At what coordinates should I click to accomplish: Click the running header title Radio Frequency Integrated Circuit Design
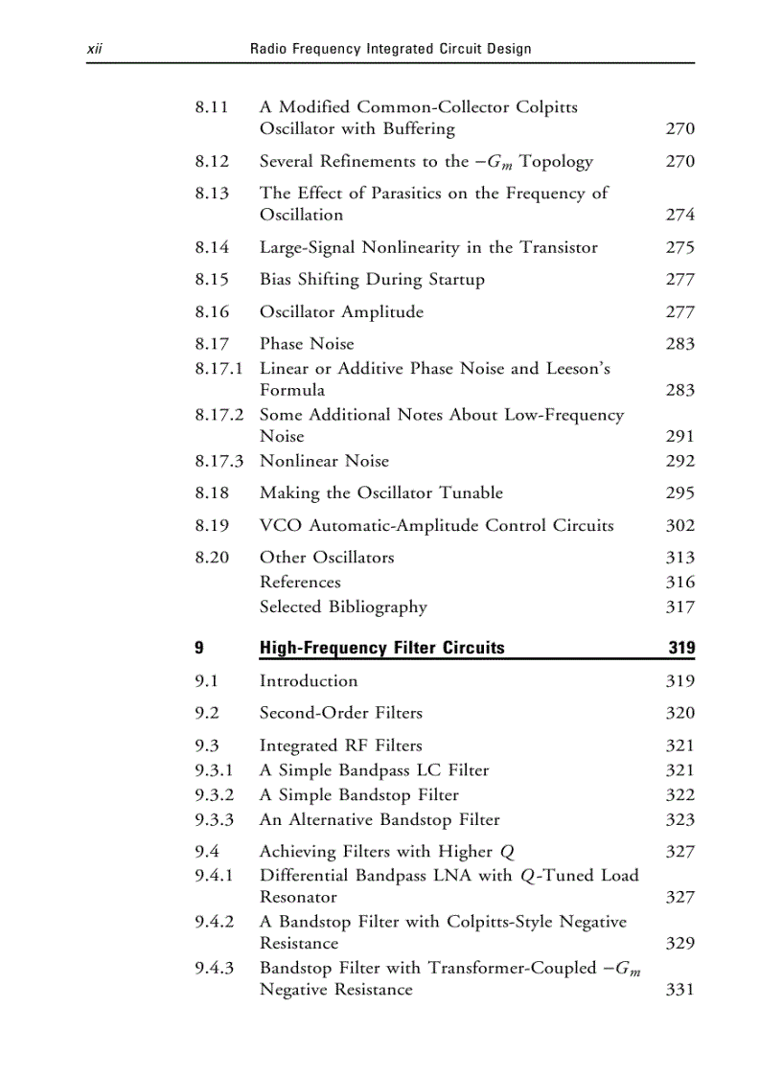pos(390,48)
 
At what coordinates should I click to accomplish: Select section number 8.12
pos(212,161)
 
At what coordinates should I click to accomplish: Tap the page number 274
pos(679,215)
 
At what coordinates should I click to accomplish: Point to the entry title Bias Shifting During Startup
pos(372,280)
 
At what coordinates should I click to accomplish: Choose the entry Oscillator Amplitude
pos(340,311)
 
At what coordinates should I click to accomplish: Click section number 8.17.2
pos(218,415)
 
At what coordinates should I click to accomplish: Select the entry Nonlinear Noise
pos(324,461)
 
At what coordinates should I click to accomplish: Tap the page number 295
pos(679,493)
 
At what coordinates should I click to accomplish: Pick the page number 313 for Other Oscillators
pos(679,558)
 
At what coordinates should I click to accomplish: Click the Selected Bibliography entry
pos(343,607)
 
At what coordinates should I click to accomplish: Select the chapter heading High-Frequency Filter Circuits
pos(381,648)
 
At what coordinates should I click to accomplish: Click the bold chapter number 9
pos(198,648)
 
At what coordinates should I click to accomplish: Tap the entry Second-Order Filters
pos(340,713)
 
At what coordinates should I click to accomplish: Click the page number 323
pos(679,820)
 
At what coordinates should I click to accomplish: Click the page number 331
pos(679,990)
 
